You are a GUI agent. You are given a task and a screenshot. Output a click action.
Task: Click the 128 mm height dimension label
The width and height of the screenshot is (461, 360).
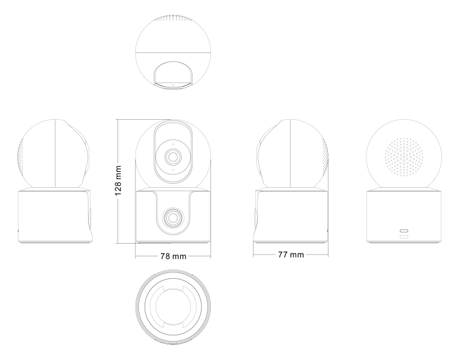[x=118, y=181]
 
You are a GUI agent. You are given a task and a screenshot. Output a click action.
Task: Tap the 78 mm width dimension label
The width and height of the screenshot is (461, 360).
[x=173, y=256]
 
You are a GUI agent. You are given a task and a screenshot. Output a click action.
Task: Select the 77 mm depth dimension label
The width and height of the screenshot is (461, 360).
[x=291, y=255]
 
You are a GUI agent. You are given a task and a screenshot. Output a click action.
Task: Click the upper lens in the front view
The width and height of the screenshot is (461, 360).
[x=173, y=157]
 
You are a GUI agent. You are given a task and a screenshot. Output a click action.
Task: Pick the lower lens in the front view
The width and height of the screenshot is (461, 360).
[x=173, y=218]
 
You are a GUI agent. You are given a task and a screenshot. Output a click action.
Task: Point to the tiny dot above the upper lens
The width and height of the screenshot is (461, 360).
[x=173, y=144]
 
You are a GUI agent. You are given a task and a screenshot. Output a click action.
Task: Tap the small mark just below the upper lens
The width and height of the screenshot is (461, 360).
[x=173, y=170]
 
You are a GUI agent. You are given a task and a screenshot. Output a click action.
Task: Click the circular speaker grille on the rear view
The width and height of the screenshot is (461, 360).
[x=404, y=157]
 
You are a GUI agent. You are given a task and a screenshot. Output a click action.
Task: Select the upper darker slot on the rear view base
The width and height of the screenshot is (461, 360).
[x=404, y=231]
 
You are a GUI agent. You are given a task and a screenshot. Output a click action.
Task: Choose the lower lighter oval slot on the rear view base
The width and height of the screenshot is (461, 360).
[x=404, y=237]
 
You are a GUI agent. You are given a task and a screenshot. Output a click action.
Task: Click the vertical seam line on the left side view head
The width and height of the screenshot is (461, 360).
[x=55, y=153]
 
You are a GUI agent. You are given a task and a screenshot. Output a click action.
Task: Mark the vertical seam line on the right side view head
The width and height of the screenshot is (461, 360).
[x=290, y=153]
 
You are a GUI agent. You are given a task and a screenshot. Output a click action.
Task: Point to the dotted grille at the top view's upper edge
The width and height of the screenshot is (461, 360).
[x=173, y=18]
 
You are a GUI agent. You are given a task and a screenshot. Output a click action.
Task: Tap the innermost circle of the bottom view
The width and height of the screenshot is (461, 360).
[x=173, y=306]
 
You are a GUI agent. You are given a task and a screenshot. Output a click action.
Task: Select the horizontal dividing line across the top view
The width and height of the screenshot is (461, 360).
[x=173, y=52]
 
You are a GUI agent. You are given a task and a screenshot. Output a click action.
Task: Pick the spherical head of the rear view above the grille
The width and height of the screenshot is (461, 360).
[x=404, y=128]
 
